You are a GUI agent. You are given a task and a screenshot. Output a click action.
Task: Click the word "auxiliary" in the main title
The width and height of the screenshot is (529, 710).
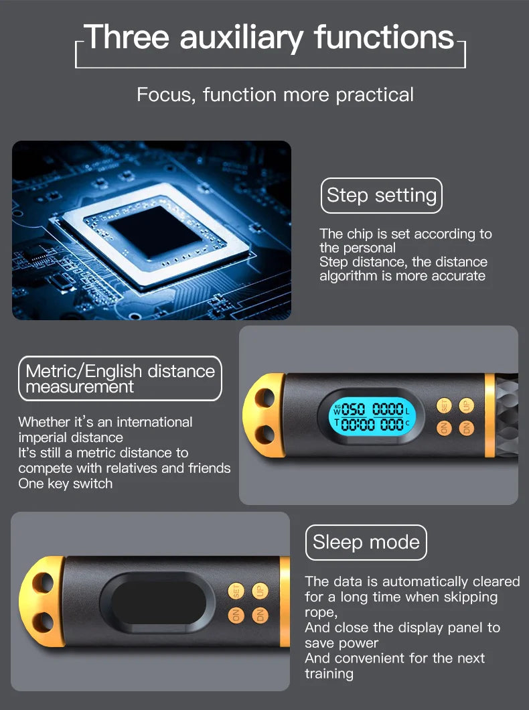[x=242, y=38]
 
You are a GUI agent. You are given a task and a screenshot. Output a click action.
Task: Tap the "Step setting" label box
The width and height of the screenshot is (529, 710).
[x=382, y=196]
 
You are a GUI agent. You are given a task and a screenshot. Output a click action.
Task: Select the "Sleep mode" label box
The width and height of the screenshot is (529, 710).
[x=366, y=543]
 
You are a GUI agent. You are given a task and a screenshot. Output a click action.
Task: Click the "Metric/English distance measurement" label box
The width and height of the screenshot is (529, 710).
[x=120, y=378]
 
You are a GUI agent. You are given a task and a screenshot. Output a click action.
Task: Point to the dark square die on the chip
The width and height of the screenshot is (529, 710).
[x=155, y=232]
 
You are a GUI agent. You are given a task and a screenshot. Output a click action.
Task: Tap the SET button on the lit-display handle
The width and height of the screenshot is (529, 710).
[x=444, y=405]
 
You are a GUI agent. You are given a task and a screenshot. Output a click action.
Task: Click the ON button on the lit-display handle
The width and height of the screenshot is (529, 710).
[x=444, y=428]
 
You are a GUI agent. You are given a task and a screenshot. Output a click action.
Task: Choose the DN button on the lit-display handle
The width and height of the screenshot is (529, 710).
[x=467, y=428]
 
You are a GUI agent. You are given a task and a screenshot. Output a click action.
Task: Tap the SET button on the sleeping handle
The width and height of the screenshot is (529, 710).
[x=236, y=591]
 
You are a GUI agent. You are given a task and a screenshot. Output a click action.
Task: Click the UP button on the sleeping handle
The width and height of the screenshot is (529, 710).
[x=260, y=591]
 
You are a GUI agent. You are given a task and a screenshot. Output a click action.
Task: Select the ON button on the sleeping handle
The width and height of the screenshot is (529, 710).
[x=236, y=616]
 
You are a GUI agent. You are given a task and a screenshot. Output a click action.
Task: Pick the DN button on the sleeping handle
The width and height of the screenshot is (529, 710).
[x=260, y=616]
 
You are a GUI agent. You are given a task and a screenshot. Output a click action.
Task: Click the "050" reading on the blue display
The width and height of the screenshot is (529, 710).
[x=353, y=410]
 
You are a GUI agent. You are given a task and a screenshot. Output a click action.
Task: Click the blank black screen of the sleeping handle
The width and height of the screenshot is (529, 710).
[x=159, y=602]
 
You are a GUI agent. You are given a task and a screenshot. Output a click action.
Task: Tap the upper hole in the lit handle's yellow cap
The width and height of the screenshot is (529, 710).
[x=264, y=399]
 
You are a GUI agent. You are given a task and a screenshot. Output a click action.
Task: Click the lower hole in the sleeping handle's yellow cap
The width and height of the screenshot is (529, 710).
[x=43, y=622]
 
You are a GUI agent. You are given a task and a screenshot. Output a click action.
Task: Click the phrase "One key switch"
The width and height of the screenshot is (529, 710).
[x=66, y=484]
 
